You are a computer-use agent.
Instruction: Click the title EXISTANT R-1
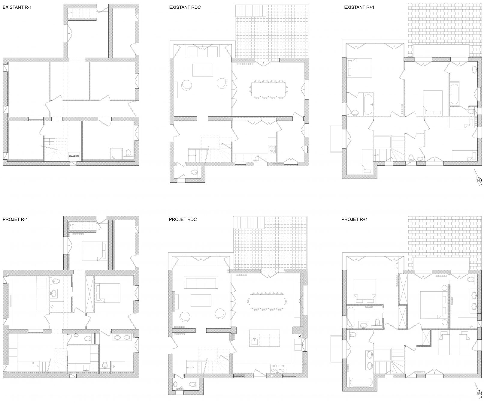point(17,7)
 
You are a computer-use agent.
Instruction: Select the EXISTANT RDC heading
point(185,7)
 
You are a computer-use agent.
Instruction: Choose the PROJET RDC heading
point(183,219)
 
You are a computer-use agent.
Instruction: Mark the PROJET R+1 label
point(355,219)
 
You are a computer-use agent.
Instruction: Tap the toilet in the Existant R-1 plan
point(128,153)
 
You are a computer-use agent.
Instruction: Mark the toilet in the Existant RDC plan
point(194,172)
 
